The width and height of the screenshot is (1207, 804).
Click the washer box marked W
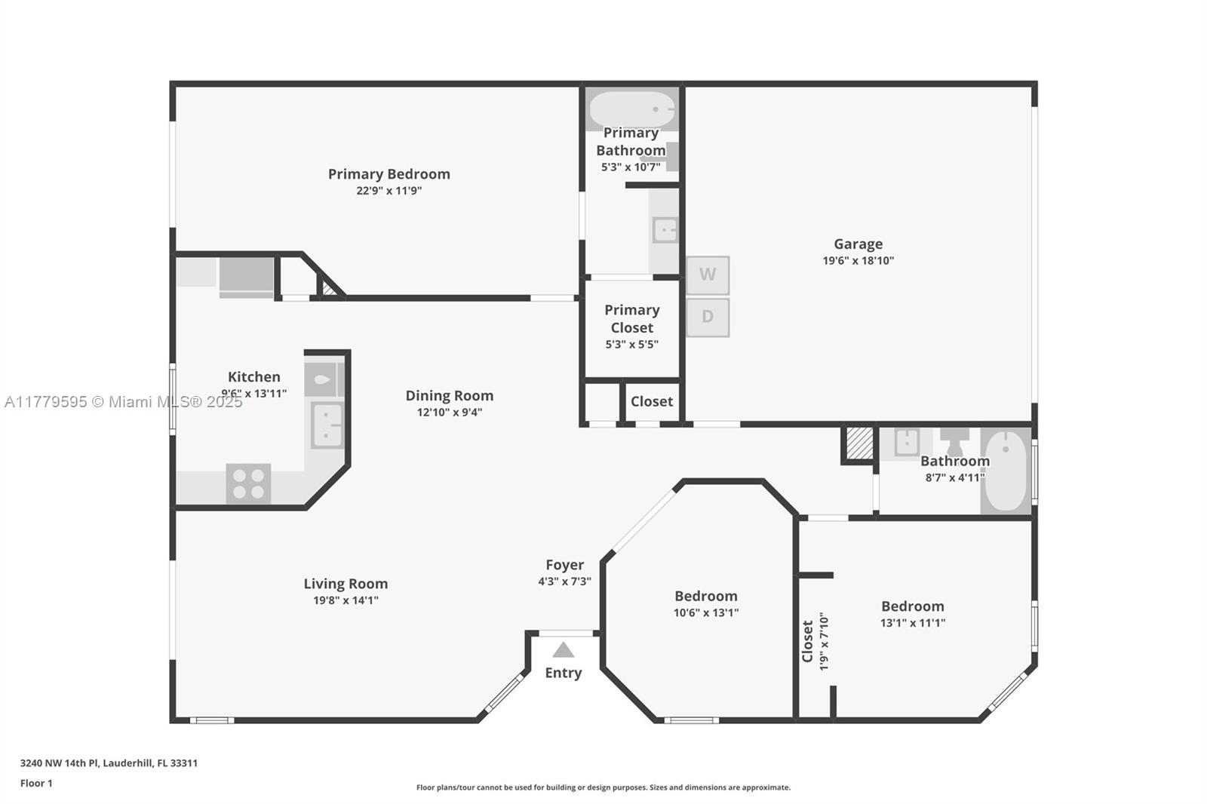click(x=708, y=275)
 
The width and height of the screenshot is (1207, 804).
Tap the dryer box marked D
click(x=708, y=318)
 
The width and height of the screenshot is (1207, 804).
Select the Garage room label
click(x=858, y=244)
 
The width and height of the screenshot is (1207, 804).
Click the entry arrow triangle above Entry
click(x=563, y=649)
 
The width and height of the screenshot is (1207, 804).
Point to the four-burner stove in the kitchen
click(x=248, y=483)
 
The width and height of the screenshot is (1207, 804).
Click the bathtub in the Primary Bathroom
click(x=632, y=109)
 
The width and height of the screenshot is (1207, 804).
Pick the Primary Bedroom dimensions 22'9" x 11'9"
click(x=389, y=191)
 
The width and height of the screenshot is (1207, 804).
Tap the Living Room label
click(x=346, y=584)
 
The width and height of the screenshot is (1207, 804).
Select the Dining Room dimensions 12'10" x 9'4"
click(x=450, y=413)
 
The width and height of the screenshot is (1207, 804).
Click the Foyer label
click(x=565, y=565)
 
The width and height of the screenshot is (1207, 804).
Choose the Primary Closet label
click(x=632, y=318)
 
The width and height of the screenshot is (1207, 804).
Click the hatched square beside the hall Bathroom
click(x=859, y=443)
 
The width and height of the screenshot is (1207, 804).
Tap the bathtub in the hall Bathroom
click(x=1006, y=471)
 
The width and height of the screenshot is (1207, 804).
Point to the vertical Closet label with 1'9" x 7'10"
click(x=814, y=641)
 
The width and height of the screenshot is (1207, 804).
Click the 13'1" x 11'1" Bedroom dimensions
click(x=913, y=623)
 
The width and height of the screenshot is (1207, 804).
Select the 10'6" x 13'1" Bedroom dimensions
click(x=706, y=612)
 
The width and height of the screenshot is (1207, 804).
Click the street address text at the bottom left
click(x=109, y=763)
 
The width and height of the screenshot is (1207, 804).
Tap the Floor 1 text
click(x=36, y=784)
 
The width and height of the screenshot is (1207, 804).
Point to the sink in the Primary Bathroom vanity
click(x=665, y=231)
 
